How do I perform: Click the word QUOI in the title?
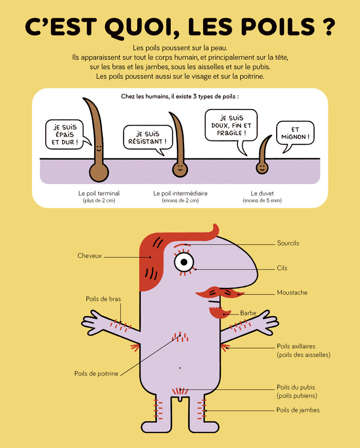pos(142,28)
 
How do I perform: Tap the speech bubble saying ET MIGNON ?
pos(295,134)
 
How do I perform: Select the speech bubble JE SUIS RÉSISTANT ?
pos(148,138)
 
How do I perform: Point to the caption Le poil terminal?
pos(99,193)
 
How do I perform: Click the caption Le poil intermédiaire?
pos(181,193)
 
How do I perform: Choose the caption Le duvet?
pos(262,193)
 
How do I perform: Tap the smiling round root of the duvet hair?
pos(262,168)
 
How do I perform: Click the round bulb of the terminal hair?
pos(99,173)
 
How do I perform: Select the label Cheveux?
pos(89,256)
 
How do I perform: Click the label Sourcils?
pos(288,243)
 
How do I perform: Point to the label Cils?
pos(282,268)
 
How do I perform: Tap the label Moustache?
pos(292,293)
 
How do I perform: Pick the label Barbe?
pos(248,313)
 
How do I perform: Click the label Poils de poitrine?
pos(96,374)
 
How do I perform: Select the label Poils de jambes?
pos(298,410)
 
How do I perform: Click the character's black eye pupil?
pos(184,262)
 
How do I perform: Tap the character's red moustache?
pos(220,293)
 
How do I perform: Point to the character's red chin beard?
pos(219,313)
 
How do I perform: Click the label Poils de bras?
pos(103,299)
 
